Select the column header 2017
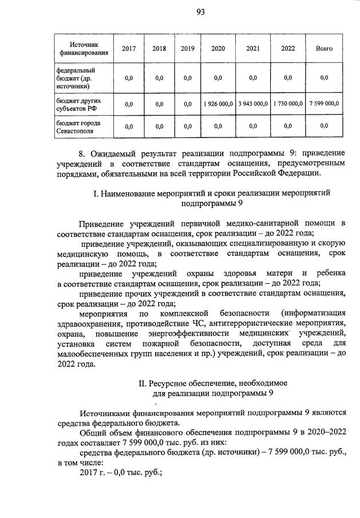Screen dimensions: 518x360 129,49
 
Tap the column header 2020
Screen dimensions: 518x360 217,49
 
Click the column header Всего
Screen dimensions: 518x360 324,49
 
